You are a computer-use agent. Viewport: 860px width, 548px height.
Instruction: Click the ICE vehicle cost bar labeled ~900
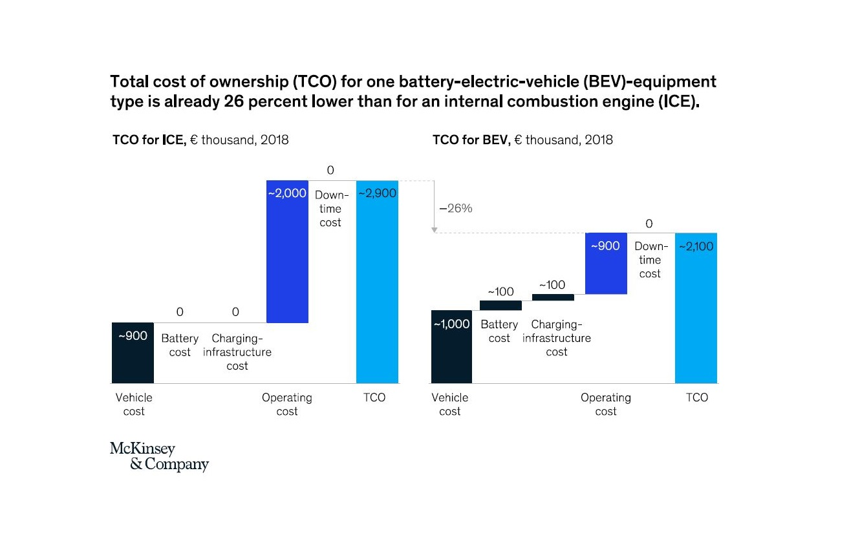pyautogui.click(x=133, y=353)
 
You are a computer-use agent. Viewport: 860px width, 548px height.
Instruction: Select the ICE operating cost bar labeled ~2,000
pyautogui.click(x=287, y=252)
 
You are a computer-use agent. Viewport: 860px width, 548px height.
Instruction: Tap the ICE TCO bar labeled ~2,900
pyautogui.click(x=377, y=282)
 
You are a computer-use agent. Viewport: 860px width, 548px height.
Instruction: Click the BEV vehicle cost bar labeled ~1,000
pyautogui.click(x=451, y=346)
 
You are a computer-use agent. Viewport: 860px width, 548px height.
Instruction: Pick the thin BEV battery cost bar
pyautogui.click(x=500, y=306)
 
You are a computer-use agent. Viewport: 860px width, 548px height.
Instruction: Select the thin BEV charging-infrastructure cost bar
pyautogui.click(x=553, y=297)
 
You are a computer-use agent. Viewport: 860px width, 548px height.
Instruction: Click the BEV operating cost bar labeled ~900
pyautogui.click(x=606, y=264)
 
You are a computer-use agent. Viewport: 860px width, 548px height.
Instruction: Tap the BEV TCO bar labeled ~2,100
pyautogui.click(x=696, y=308)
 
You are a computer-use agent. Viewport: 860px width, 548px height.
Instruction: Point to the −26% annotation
pyautogui.click(x=456, y=208)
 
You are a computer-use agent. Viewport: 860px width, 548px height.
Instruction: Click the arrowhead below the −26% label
pyautogui.click(x=435, y=230)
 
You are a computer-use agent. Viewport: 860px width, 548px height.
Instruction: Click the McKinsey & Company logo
pyautogui.click(x=159, y=456)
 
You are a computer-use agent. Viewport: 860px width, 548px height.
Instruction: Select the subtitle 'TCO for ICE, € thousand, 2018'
pyautogui.click(x=200, y=140)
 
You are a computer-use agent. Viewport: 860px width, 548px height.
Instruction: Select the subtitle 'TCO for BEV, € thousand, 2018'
pyautogui.click(x=522, y=140)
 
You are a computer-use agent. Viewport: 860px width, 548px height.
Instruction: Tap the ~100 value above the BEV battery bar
pyautogui.click(x=500, y=291)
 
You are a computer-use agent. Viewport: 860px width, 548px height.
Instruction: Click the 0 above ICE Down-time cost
pyautogui.click(x=330, y=170)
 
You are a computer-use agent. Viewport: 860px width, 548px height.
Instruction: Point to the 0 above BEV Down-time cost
pyautogui.click(x=649, y=224)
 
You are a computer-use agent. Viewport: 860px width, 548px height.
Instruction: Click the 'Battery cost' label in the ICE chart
pyautogui.click(x=180, y=345)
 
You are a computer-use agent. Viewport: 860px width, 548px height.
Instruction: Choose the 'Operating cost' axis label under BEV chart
pyautogui.click(x=606, y=405)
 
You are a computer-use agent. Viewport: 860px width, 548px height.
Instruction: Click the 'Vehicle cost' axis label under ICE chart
pyautogui.click(x=134, y=405)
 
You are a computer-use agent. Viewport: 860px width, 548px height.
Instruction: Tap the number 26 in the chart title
pyautogui.click(x=234, y=101)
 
